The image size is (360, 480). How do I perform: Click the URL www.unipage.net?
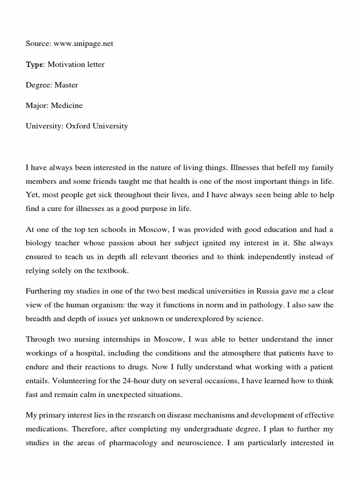(83, 44)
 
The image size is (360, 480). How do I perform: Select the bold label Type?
(34, 64)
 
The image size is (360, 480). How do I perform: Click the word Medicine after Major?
(68, 105)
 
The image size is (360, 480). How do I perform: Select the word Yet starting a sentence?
(31, 195)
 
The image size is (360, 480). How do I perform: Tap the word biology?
(38, 243)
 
